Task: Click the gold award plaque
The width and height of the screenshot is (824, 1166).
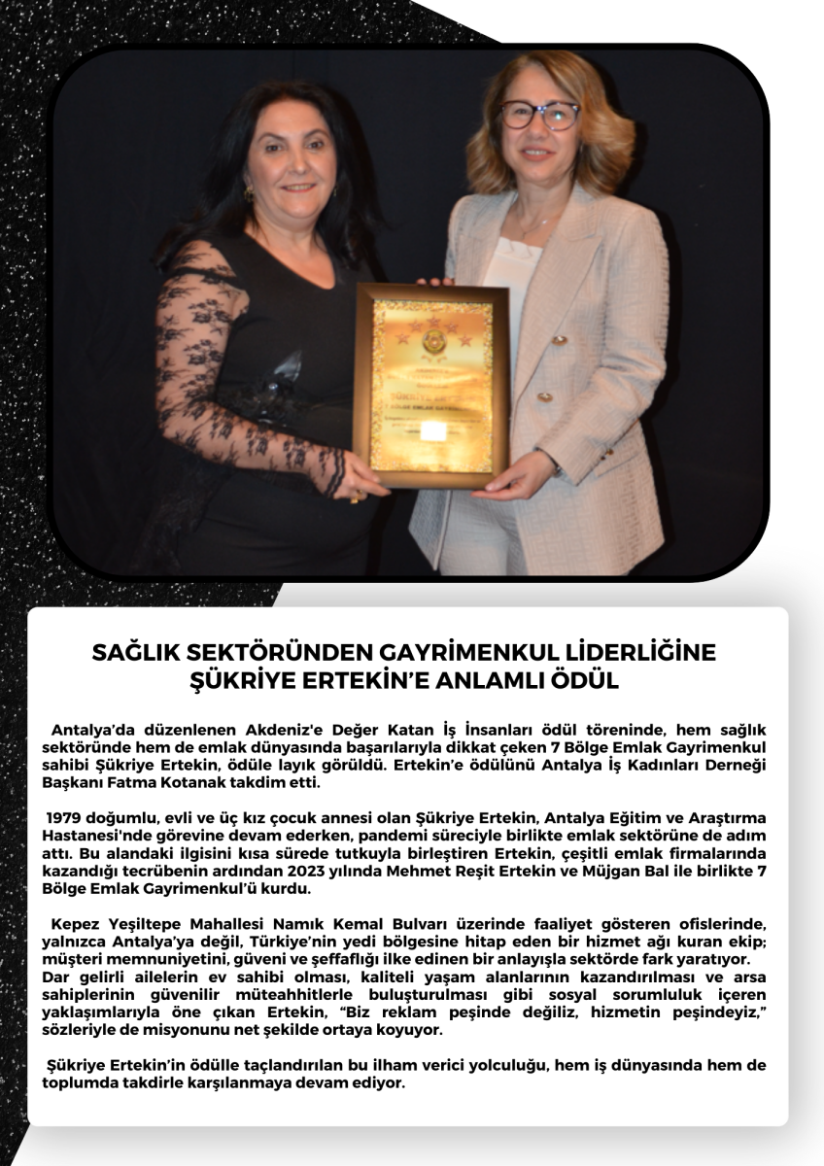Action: pyautogui.click(x=430, y=386)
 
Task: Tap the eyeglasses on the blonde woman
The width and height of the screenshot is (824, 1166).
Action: pyautogui.click(x=538, y=114)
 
